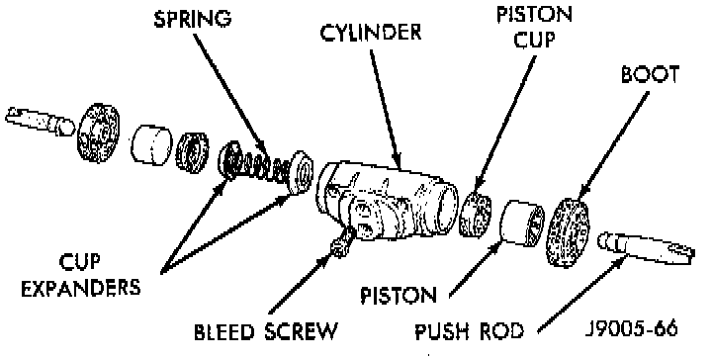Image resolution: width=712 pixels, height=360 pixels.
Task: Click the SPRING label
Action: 193,19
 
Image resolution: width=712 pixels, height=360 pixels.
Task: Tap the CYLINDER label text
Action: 371,33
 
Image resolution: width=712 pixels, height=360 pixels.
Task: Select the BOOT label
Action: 651,74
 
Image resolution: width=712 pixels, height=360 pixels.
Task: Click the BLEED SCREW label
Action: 266,331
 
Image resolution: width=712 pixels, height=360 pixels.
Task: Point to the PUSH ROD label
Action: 470,331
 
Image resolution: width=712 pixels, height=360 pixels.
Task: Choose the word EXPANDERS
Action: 81,288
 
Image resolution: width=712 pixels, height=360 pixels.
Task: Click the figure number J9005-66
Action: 631,328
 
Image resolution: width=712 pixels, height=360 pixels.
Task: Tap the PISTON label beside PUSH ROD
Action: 399,296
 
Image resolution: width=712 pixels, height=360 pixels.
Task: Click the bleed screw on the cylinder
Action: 343,242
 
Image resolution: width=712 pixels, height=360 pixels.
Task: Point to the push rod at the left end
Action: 40,121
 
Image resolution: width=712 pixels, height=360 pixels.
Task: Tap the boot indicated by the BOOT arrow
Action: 567,232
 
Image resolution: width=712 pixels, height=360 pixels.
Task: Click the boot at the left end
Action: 98,133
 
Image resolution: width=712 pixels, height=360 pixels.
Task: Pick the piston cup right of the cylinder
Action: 475,214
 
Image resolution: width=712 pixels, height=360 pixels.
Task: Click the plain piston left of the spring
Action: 151,144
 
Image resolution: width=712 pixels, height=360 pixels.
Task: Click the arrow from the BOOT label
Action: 614,144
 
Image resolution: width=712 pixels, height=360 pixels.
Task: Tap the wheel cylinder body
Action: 387,201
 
